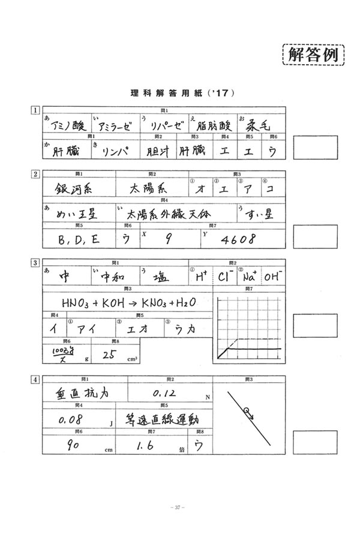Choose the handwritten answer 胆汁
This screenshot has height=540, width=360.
tap(158, 151)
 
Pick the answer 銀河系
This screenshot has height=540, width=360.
tap(70, 188)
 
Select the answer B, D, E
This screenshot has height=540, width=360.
tap(77, 239)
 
